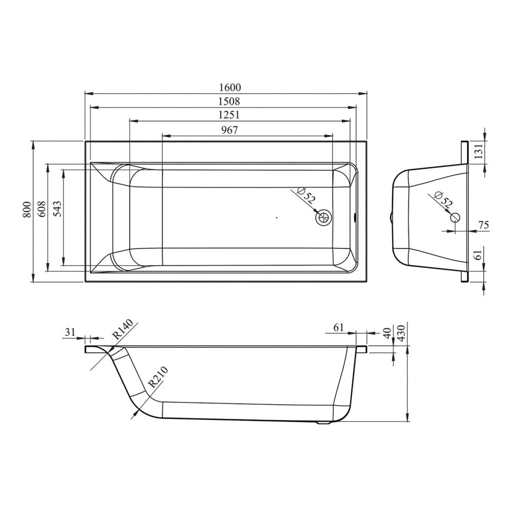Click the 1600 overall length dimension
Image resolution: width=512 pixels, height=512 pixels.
(230, 88)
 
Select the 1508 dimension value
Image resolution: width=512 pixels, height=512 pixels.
(229, 101)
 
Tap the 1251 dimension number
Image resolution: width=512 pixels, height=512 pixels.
(229, 115)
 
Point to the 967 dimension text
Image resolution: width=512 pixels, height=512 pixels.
(229, 130)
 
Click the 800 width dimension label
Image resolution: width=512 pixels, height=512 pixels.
(27, 210)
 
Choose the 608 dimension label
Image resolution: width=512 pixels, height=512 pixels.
(42, 210)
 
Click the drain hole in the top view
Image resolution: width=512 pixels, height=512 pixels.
(324, 217)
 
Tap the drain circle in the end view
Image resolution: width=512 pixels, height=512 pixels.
(455, 217)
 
